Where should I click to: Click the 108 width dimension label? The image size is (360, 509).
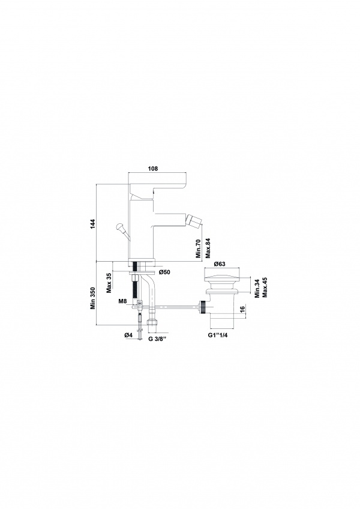pos(152,169)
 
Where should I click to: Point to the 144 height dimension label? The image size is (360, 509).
pos(92,223)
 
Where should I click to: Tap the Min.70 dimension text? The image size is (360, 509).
pos(199,248)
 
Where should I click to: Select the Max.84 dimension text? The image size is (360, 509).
pos(208,248)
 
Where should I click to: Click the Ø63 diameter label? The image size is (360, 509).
pos(220,264)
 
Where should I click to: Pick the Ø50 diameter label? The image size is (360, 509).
pos(164,272)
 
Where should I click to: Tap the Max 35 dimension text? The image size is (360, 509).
pos(109,283)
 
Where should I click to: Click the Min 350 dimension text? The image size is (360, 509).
pos(93,298)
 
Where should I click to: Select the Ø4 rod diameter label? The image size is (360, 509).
pos(128,335)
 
